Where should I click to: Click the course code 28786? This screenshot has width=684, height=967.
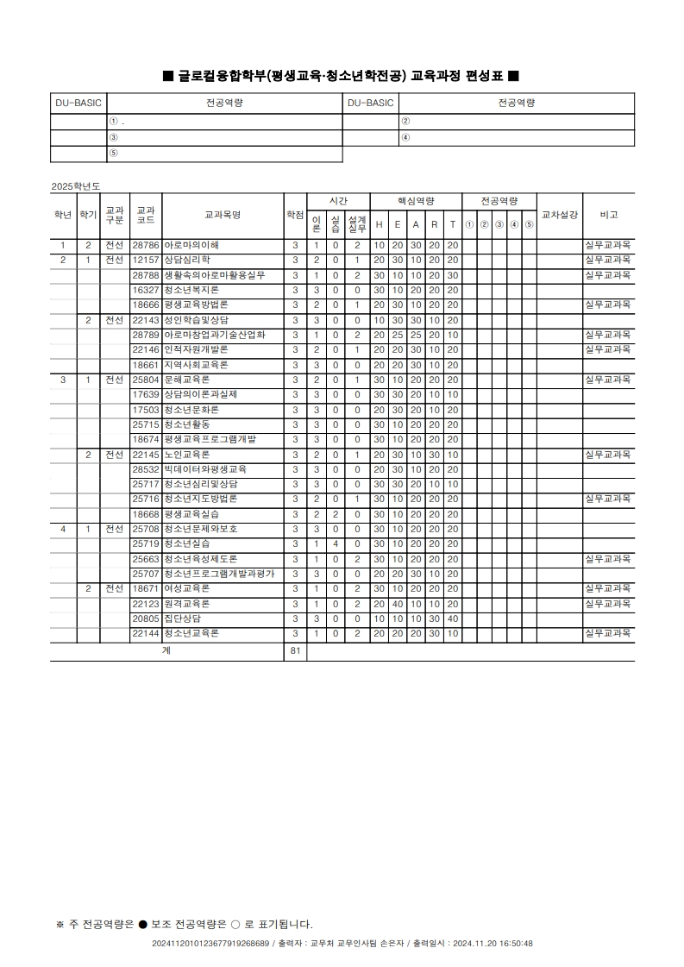(x=146, y=246)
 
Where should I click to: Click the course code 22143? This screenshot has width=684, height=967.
(x=146, y=320)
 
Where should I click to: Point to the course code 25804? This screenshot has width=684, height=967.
(x=146, y=380)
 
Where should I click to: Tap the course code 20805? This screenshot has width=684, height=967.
(x=146, y=619)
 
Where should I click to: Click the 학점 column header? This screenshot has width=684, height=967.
(x=295, y=216)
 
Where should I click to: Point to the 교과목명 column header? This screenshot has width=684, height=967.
(x=222, y=216)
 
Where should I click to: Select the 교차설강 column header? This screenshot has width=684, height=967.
(x=559, y=216)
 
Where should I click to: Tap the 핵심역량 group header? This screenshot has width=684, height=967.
(x=415, y=200)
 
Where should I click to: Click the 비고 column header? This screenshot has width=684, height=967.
(x=608, y=216)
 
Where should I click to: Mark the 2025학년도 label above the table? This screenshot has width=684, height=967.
(x=76, y=186)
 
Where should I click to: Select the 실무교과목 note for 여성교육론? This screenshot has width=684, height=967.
(x=608, y=588)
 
